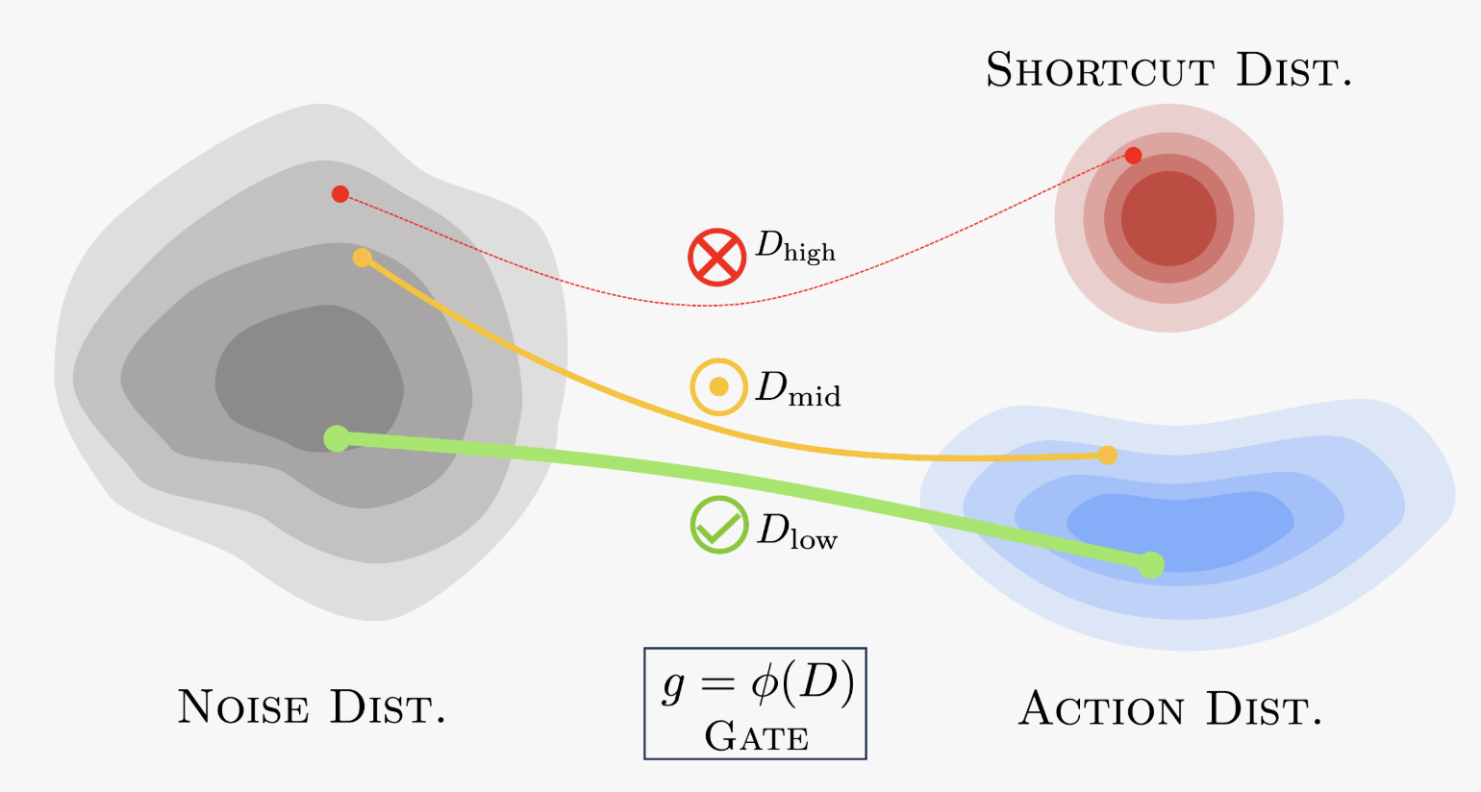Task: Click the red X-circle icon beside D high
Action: pos(716,258)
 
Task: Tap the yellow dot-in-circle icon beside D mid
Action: pos(718,387)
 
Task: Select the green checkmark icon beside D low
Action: pos(718,526)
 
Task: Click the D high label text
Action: pos(795,248)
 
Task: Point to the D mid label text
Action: pos(798,388)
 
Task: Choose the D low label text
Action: pos(797,532)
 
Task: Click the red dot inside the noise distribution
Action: pos(339,194)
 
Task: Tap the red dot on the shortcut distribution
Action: pos(1133,156)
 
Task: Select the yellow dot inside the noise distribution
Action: pos(362,258)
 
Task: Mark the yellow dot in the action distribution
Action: pos(1108,455)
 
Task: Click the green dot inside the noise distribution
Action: pos(337,438)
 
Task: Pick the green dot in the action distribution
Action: pos(1151,564)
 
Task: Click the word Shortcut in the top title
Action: pos(1100,71)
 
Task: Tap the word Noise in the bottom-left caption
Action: pos(243,708)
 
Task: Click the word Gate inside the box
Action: pos(756,737)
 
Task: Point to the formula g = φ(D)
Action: pos(757,684)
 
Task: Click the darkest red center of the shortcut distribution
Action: pos(1168,218)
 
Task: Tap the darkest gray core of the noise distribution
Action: pos(308,375)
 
